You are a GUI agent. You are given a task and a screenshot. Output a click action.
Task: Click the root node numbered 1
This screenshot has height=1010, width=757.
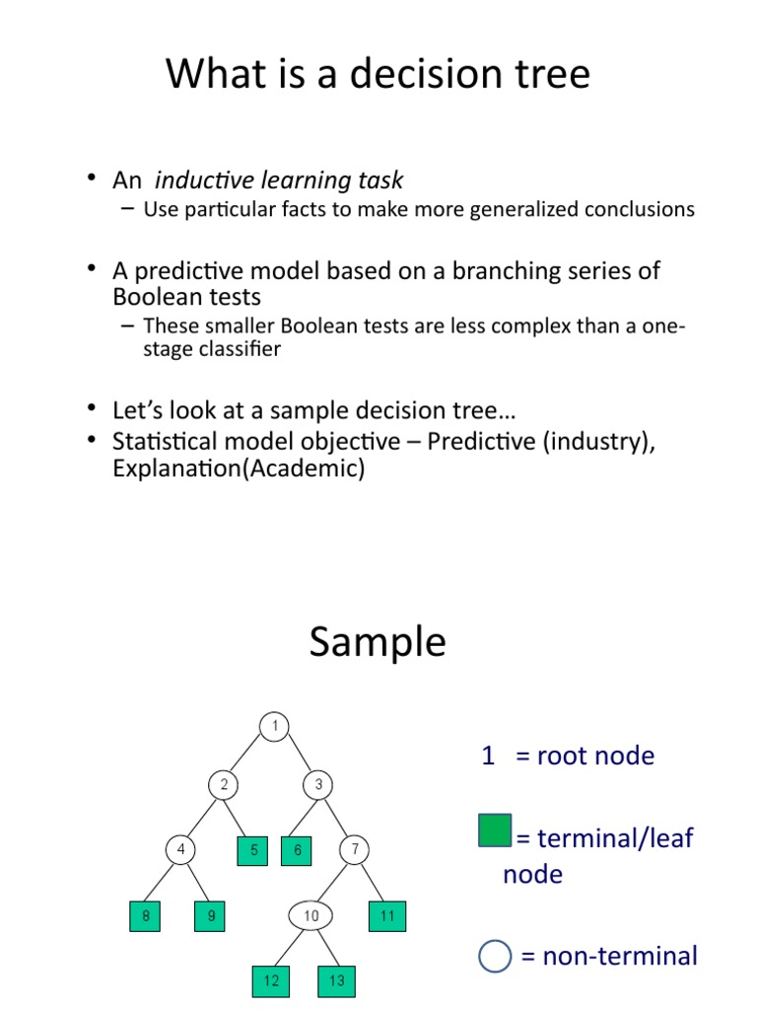pos(275,727)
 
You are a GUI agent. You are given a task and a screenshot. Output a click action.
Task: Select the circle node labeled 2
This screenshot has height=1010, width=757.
pos(224,785)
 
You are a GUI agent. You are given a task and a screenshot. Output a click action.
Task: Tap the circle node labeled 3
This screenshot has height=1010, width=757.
pos(318,785)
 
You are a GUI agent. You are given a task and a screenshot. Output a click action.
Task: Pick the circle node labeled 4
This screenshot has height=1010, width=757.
pos(180,849)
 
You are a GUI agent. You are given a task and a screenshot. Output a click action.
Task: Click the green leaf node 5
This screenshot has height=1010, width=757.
pos(252,849)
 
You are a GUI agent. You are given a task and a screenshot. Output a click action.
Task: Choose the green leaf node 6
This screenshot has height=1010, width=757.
pos(297,849)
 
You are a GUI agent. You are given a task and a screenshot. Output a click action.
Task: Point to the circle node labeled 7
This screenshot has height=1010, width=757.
pos(354,849)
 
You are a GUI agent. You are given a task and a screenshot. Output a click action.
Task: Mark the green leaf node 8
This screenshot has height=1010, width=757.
pos(146,916)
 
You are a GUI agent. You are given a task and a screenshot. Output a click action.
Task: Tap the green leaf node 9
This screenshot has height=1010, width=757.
pos(210,916)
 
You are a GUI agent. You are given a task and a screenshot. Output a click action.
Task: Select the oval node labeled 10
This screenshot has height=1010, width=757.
pos(311,916)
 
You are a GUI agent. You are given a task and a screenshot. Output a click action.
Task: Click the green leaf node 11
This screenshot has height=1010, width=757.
pos(387,916)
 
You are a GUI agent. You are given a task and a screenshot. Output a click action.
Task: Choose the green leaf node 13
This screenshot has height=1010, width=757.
pos(337,980)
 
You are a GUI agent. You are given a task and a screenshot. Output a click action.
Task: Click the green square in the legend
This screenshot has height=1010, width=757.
pos(495,830)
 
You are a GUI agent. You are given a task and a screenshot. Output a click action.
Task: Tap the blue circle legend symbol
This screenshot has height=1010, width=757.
pos(495,957)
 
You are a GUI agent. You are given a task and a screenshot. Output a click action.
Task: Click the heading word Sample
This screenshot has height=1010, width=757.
pos(378,643)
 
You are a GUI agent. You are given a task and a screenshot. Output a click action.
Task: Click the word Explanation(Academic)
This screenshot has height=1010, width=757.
pos(239,469)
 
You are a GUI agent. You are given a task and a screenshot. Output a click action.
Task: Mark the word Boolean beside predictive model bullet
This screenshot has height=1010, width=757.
pos(159,297)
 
